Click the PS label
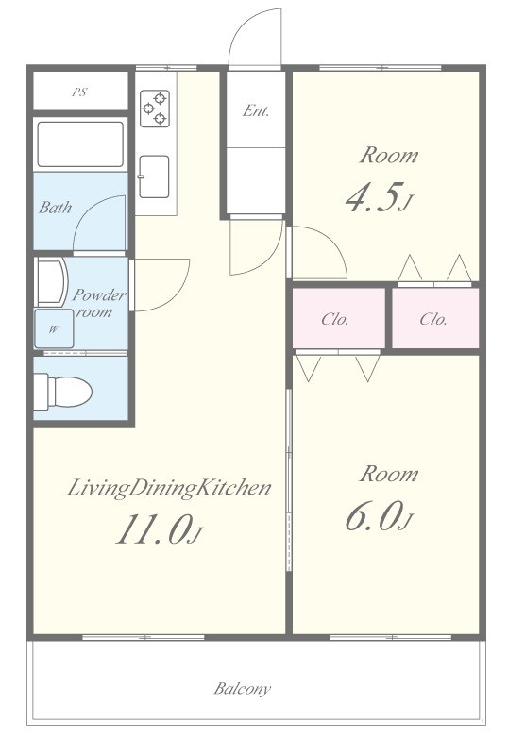pyautogui.click(x=79, y=92)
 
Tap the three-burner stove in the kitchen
pyautogui.click(x=155, y=109)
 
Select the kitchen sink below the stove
pyautogui.click(x=154, y=176)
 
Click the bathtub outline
pyautogui.click(x=80, y=144)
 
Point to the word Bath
pyautogui.click(x=55, y=208)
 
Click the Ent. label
pyautogui.click(x=256, y=110)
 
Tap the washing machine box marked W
pyautogui.click(x=54, y=328)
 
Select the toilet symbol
pyautogui.click(x=63, y=391)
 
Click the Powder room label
pyautogui.click(x=99, y=303)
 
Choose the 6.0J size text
pyautogui.click(x=379, y=516)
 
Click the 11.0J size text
pyautogui.click(x=159, y=529)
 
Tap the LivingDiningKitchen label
pyautogui.click(x=168, y=488)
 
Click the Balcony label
pyautogui.click(x=243, y=689)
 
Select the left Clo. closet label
pyautogui.click(x=335, y=319)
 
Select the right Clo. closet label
pyautogui.click(x=433, y=319)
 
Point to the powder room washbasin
pyautogui.click(x=50, y=282)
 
